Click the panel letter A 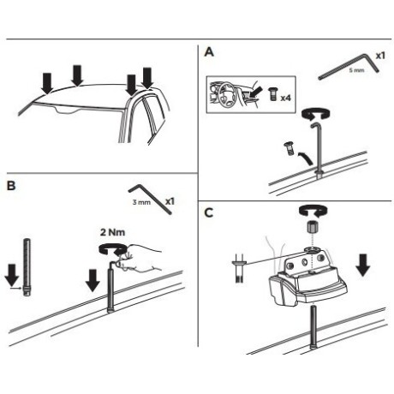click(x=209, y=52)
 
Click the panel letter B click(x=11, y=186)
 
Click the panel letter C click(x=209, y=212)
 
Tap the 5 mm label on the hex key click(x=356, y=70)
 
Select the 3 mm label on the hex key click(x=141, y=202)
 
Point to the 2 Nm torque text click(x=112, y=232)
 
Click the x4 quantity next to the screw click(x=285, y=98)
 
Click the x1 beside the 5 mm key click(x=380, y=56)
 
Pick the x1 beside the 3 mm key click(x=170, y=201)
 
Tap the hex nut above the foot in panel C click(x=313, y=228)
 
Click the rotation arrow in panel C click(x=313, y=212)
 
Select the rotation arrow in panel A click(x=316, y=113)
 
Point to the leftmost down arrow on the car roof click(x=47, y=83)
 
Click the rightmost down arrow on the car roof click(x=147, y=78)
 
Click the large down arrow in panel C click(x=363, y=266)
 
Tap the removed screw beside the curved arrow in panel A click(x=289, y=148)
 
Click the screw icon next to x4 click(x=272, y=94)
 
